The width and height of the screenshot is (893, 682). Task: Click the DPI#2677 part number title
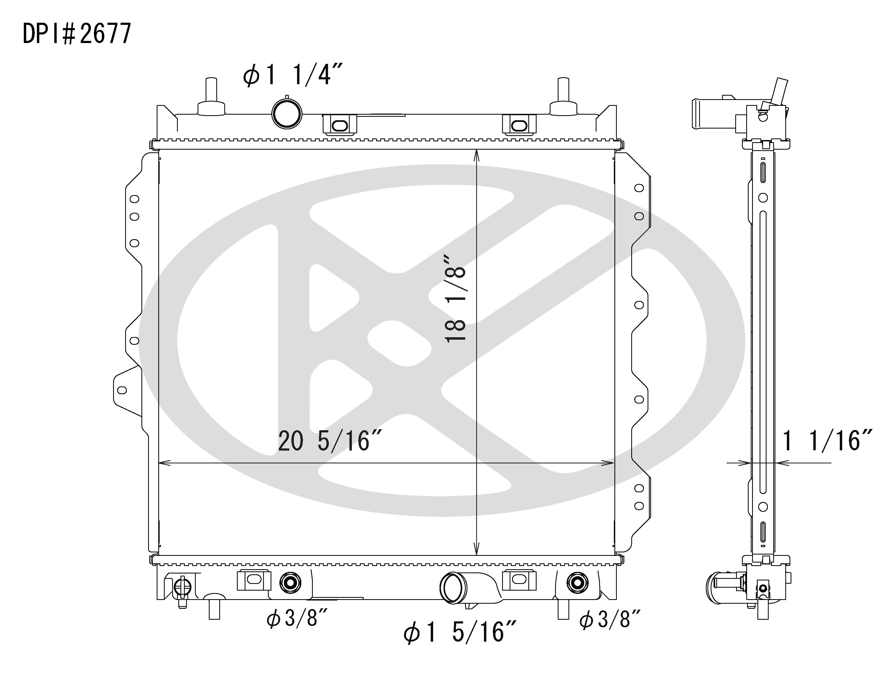point(77,33)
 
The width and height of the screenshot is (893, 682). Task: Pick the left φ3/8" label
point(297,619)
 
